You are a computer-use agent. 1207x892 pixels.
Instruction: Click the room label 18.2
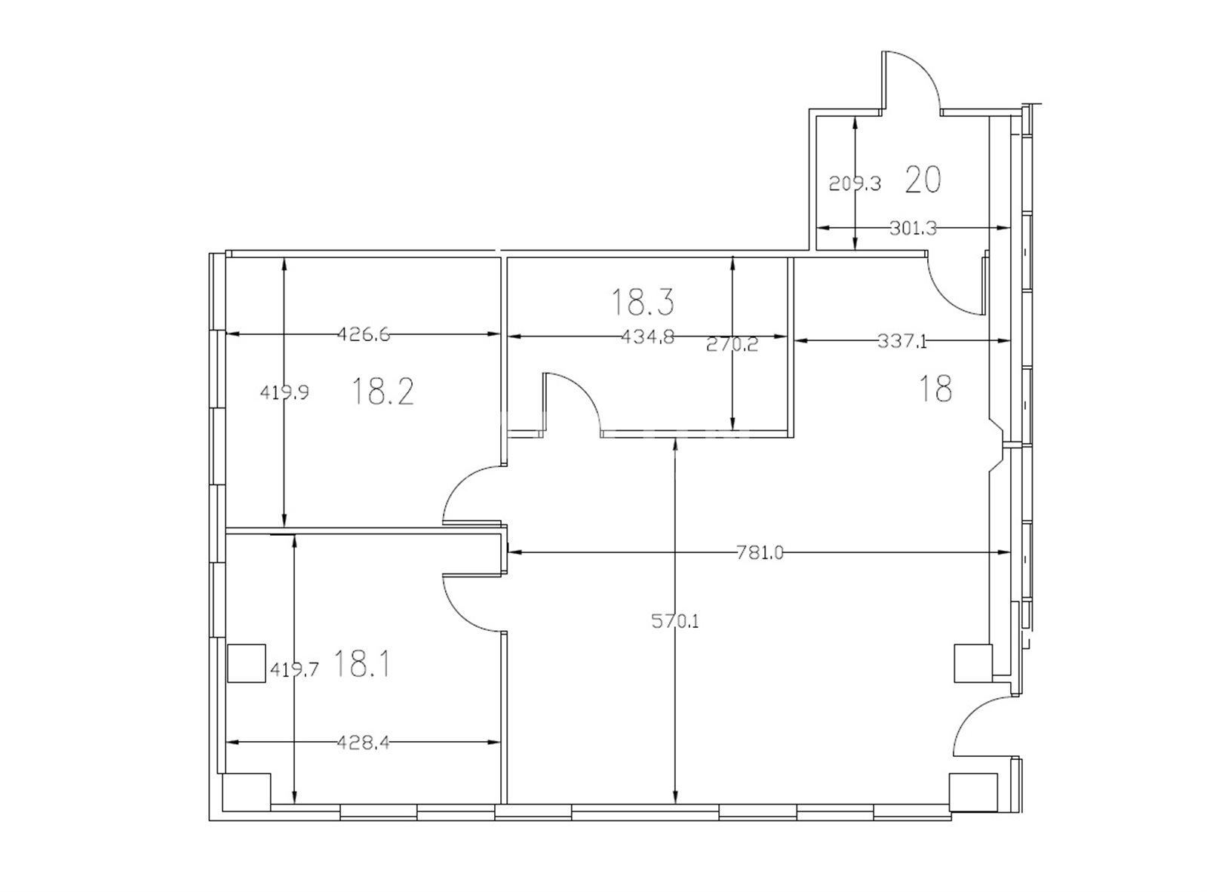pyautogui.click(x=382, y=392)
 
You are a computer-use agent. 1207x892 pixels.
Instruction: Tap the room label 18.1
pyautogui.click(x=361, y=664)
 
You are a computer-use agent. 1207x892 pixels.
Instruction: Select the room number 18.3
pyautogui.click(x=643, y=302)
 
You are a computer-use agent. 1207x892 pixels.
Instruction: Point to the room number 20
pyautogui.click(x=923, y=180)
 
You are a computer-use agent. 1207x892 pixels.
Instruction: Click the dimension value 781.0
pyautogui.click(x=760, y=552)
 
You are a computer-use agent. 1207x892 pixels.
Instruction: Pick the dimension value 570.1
pyautogui.click(x=674, y=621)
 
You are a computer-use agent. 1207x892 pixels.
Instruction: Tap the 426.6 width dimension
pyautogui.click(x=364, y=334)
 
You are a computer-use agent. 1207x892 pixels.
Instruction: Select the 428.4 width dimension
pyautogui.click(x=364, y=743)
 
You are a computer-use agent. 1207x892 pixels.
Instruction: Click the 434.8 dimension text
pyautogui.click(x=647, y=337)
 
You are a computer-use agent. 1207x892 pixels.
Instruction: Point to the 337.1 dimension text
pyautogui.click(x=902, y=341)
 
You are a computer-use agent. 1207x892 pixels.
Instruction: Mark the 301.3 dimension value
pyautogui.click(x=913, y=228)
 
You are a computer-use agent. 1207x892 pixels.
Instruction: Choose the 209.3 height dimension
pyautogui.click(x=855, y=183)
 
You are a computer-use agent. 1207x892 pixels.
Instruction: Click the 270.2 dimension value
pyautogui.click(x=732, y=344)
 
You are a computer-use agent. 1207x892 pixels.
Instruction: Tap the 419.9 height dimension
pyautogui.click(x=284, y=392)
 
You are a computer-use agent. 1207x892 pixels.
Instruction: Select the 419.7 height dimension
pyautogui.click(x=294, y=669)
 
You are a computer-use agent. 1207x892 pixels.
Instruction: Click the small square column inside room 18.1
pyautogui.click(x=247, y=663)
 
